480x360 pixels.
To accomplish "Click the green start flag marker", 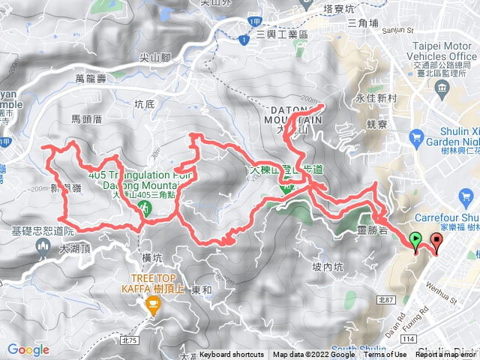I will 415,241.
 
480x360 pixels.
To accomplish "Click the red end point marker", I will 436,241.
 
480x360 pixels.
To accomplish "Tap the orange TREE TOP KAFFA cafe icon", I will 153,305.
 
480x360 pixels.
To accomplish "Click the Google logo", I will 28,349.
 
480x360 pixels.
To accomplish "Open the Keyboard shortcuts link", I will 232,355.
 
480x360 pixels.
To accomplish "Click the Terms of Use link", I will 385,355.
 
